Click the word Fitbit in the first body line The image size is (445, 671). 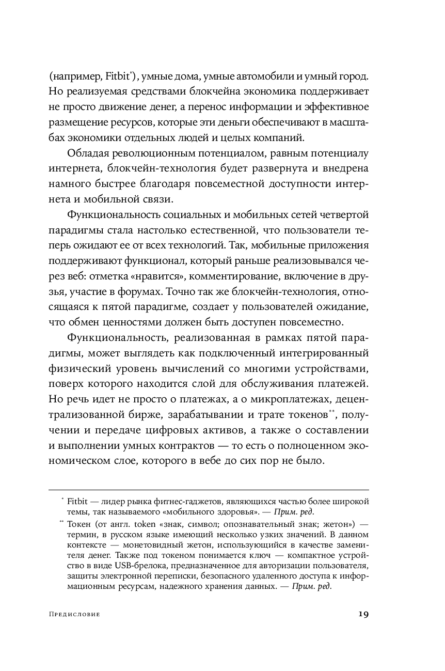click(119, 76)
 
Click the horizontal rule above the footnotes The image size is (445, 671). click(209, 490)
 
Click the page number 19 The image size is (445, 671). click(363, 614)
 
